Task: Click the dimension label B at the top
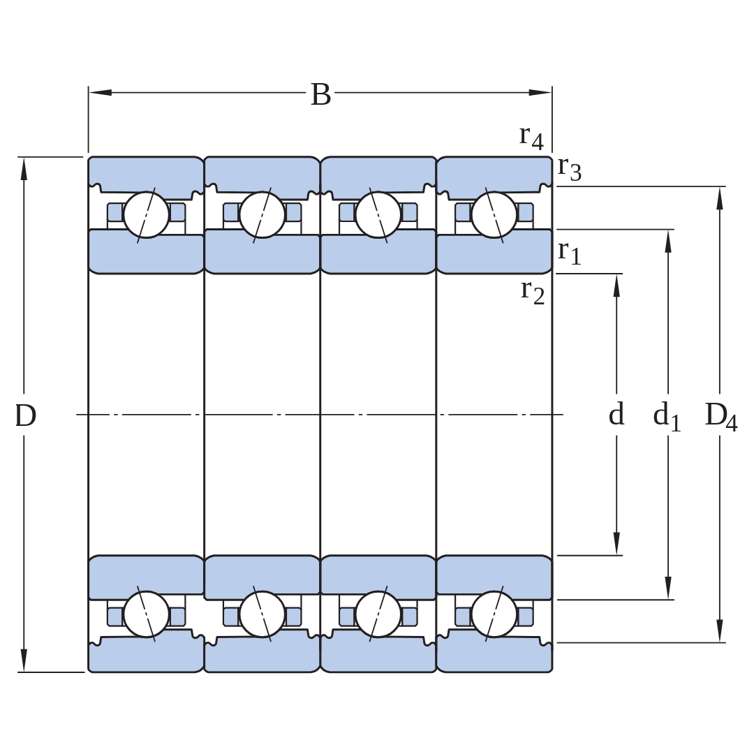coord(320,94)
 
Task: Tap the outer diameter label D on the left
coord(26,415)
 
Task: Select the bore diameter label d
coord(616,414)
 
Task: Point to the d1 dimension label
coord(667,416)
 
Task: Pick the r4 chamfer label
coord(531,138)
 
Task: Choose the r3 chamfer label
coord(570,169)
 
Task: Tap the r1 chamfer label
coord(570,253)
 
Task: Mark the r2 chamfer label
coord(533,293)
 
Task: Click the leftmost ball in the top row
coord(146,215)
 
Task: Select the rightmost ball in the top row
coord(494,215)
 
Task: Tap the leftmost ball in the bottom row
coord(146,614)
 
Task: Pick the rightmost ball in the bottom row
coord(494,614)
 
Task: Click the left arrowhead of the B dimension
coord(100,92)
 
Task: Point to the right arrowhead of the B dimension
coord(540,92)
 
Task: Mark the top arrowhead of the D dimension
coord(24,169)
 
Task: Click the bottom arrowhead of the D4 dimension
coord(720,630)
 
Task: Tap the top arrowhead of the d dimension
coord(617,286)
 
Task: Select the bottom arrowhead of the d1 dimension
coord(668,588)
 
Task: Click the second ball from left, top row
coord(262,215)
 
